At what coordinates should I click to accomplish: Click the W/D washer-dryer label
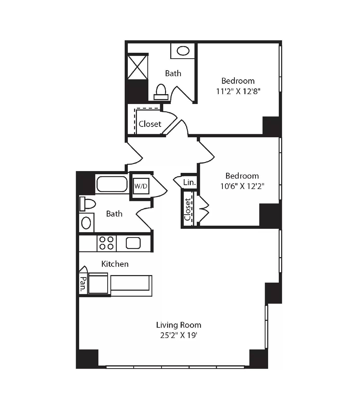coord(141,186)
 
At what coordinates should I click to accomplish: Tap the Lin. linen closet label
coord(189,182)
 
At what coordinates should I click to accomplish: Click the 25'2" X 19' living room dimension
coord(179,335)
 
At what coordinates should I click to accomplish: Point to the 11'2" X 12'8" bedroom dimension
coord(238,91)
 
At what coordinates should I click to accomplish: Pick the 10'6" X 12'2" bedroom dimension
coord(242,186)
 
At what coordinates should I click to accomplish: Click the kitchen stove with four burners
coord(107,243)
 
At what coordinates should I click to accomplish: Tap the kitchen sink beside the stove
coord(133,243)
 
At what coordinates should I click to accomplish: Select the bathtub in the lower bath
coord(112,184)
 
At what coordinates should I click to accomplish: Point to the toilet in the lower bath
coord(87,204)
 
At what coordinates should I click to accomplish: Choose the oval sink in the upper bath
coord(183,51)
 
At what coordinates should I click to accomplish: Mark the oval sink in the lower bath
coord(86,223)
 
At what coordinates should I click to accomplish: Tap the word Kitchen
coord(115,264)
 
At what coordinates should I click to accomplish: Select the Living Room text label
coord(179,325)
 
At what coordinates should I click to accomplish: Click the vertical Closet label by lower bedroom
coord(187,209)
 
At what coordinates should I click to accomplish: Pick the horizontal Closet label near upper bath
coord(150,124)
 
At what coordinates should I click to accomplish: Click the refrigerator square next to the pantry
coord(98,283)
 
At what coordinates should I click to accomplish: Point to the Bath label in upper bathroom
coord(173,73)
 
